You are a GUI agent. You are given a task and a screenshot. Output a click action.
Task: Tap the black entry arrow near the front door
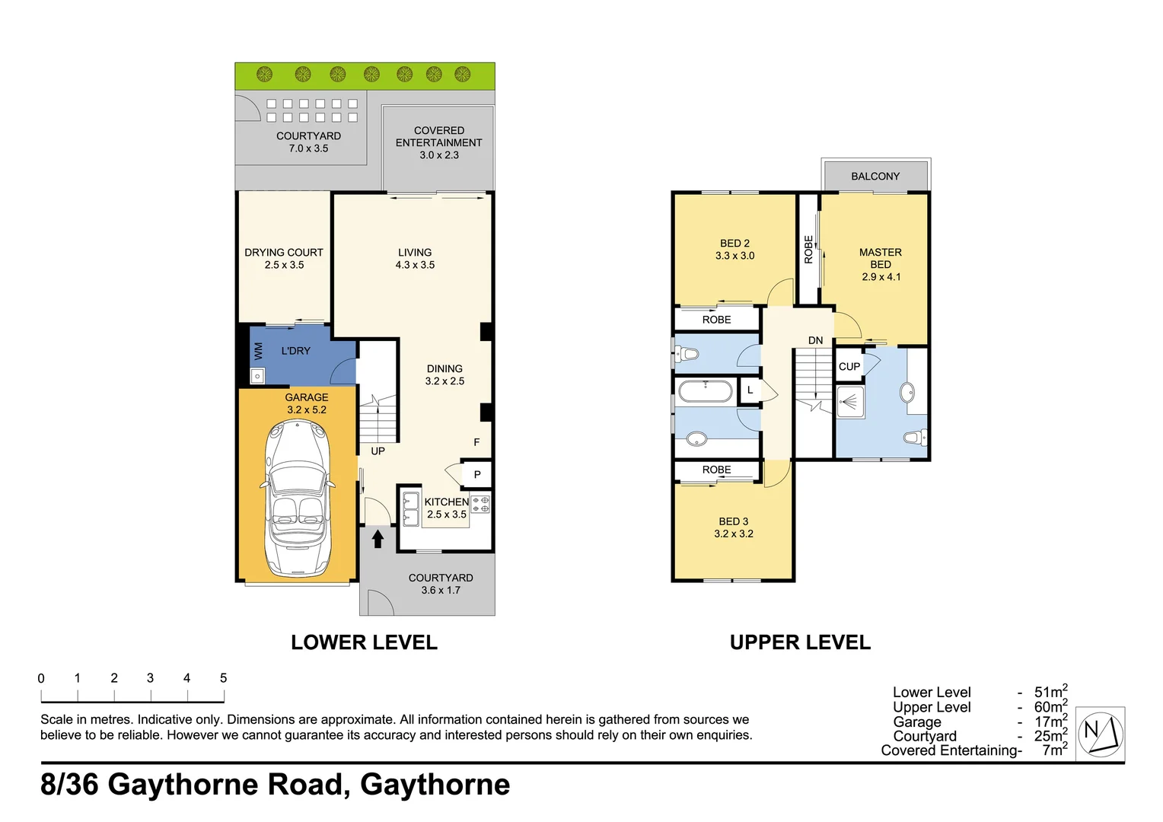click(378, 539)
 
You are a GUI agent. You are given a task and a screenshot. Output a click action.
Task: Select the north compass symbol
click(1101, 732)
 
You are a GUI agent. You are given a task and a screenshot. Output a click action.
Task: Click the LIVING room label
click(415, 259)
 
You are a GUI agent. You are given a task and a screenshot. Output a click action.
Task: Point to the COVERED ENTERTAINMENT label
click(438, 142)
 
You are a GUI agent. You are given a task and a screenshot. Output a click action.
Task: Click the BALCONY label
click(875, 177)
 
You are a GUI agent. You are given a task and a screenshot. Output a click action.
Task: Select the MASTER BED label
click(881, 264)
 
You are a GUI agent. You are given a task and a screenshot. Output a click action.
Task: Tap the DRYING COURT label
click(284, 259)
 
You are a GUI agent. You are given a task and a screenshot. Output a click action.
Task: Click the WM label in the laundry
click(258, 351)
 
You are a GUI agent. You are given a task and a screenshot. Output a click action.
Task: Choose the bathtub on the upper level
click(706, 391)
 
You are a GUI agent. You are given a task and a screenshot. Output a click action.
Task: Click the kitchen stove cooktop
click(480, 504)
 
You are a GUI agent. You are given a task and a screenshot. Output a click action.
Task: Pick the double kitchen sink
click(410, 509)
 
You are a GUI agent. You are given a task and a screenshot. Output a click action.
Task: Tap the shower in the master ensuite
click(850, 402)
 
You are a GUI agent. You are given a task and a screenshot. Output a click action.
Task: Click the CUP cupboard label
click(849, 367)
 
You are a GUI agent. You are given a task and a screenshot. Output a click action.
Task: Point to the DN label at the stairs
click(815, 340)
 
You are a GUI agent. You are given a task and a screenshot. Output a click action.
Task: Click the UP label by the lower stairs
click(378, 451)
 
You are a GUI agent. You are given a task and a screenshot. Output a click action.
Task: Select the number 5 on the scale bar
click(223, 678)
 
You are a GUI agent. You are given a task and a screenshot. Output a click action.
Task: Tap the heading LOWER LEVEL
click(364, 642)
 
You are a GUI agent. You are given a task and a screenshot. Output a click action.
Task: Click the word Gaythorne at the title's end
click(435, 785)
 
